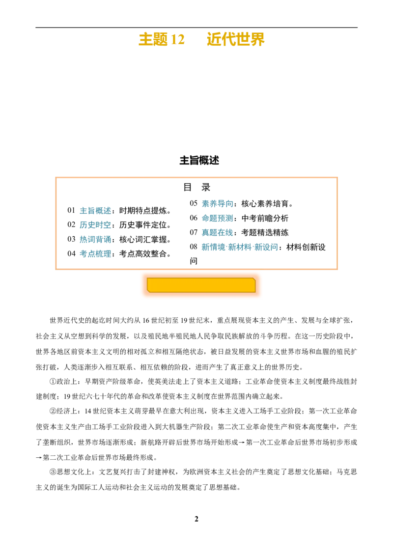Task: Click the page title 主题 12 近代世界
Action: [201, 39]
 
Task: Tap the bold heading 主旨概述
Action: [199, 160]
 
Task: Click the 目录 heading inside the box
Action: [197, 187]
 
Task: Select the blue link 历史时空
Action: [95, 225]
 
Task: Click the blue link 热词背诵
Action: [95, 239]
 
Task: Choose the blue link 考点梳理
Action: [95, 253]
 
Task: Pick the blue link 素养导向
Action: [218, 203]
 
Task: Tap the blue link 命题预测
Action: [218, 218]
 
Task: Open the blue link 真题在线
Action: [218, 233]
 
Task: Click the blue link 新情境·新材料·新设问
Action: [240, 247]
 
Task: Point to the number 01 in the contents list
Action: [71, 211]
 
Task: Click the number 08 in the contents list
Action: [194, 247]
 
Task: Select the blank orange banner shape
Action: [201, 285]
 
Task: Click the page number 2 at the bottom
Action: [196, 519]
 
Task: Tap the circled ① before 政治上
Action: [53, 382]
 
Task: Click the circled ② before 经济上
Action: [53, 411]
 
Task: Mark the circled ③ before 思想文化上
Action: [53, 472]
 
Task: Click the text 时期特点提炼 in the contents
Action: [143, 211]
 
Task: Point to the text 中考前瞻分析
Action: [265, 218]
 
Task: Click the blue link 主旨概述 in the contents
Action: [95, 211]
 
